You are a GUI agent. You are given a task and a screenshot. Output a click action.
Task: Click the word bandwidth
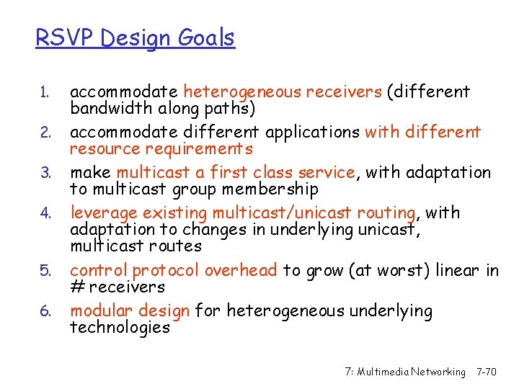(x=106, y=108)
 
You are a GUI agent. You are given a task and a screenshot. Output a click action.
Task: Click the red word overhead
(x=241, y=270)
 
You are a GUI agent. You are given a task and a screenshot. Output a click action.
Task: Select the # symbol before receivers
(x=77, y=287)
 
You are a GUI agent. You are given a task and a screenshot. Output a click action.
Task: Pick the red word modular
(x=100, y=311)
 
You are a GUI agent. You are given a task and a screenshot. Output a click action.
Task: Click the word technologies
(x=120, y=328)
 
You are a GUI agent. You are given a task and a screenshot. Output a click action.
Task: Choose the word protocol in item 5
(x=167, y=271)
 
